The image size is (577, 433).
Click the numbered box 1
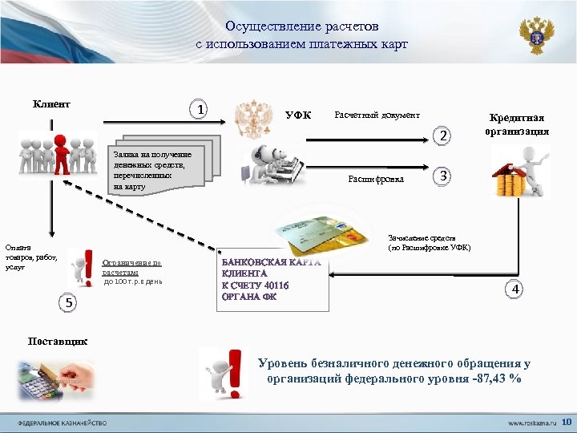(x=200, y=109)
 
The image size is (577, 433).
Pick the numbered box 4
(x=516, y=289)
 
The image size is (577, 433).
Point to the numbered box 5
(x=70, y=302)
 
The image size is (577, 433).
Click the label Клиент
(x=51, y=103)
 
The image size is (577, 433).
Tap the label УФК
(x=299, y=115)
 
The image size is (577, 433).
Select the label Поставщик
(x=58, y=342)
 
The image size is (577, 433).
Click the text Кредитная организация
(x=517, y=124)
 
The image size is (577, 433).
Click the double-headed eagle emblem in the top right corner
(x=535, y=35)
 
